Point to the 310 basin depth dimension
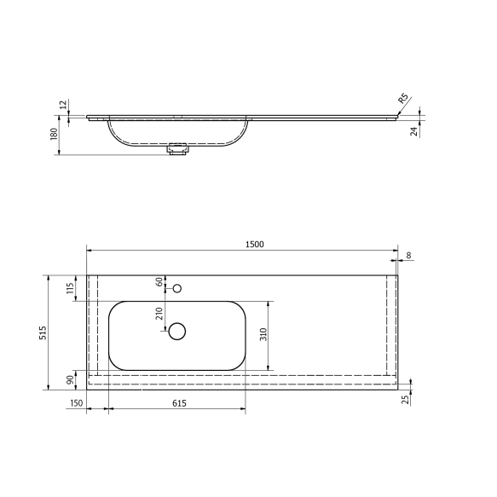coord(263,335)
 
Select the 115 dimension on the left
coord(68,288)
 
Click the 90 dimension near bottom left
coord(68,380)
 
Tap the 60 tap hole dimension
coord(159,281)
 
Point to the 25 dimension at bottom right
coord(407,398)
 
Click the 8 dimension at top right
coord(409,255)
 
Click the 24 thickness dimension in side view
coord(413,131)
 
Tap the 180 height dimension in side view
coord(53,135)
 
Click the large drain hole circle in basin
coord(177,331)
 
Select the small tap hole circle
coord(177,288)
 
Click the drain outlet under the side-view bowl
coord(178,150)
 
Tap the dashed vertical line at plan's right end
coord(389,324)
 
